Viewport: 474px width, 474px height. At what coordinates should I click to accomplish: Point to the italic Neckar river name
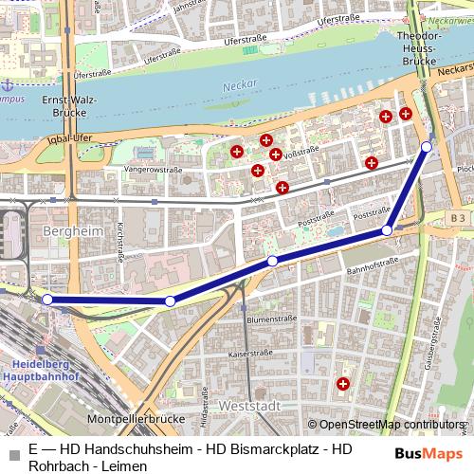tap(240, 86)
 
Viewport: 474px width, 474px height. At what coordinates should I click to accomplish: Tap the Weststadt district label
tap(250, 405)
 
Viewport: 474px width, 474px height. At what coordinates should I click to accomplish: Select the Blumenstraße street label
tap(265, 319)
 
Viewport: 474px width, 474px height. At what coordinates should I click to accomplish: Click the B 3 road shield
tap(459, 218)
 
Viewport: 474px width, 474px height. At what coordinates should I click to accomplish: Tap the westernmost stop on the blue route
tap(47, 300)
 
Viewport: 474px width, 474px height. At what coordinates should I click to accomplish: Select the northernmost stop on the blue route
tap(427, 147)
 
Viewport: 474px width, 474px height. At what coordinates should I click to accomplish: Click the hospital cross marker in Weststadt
tap(343, 384)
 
